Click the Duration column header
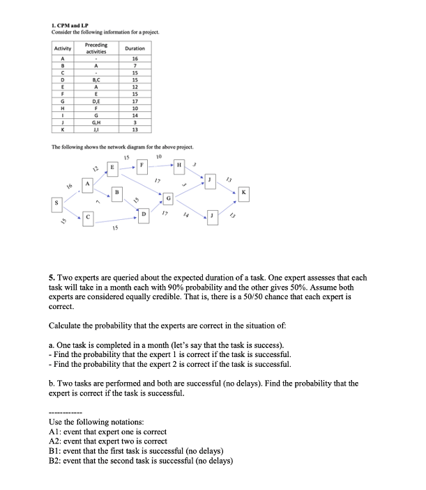[x=134, y=48]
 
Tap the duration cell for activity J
[x=134, y=124]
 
